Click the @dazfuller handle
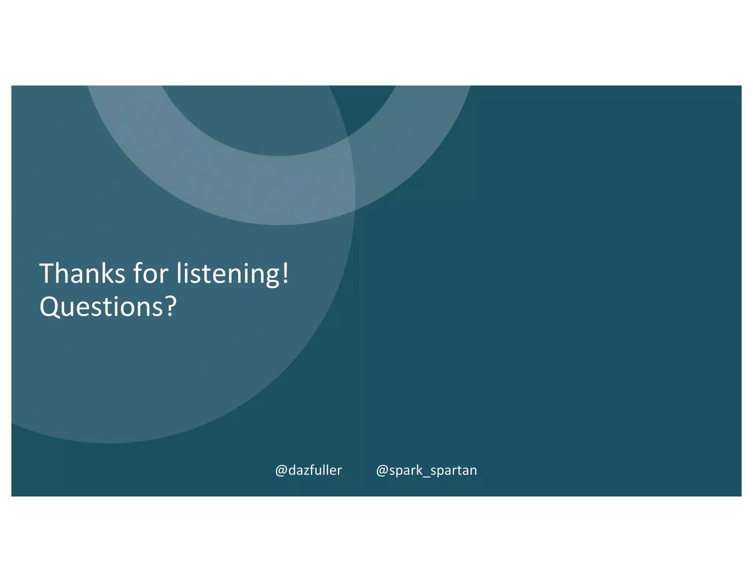click(308, 470)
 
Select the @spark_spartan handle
click(427, 470)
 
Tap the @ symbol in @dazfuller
click(281, 471)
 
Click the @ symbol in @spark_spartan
click(382, 471)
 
